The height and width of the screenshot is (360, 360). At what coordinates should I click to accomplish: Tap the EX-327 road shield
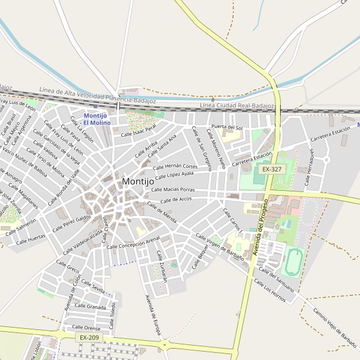(x=272, y=170)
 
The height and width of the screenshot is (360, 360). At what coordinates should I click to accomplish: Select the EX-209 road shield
(x=89, y=338)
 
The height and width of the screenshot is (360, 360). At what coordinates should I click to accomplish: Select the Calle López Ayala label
(x=175, y=175)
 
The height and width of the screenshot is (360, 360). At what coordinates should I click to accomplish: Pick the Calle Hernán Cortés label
(x=175, y=166)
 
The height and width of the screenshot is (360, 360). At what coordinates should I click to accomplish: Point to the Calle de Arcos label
(x=176, y=199)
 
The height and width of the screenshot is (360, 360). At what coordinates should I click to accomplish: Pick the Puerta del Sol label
(x=227, y=128)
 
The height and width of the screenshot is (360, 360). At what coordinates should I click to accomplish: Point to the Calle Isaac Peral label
(x=139, y=130)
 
